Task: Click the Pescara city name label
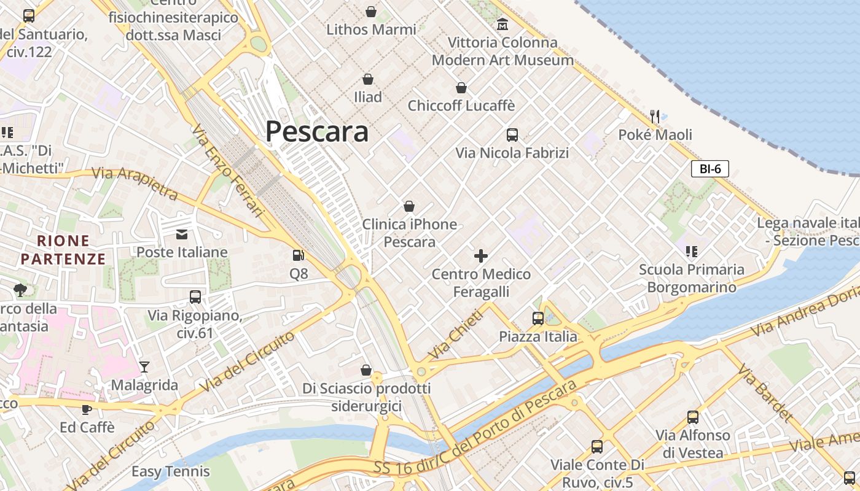point(317,131)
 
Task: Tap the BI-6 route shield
point(709,169)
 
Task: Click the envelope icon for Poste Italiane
point(182,234)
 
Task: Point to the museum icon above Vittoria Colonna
point(502,25)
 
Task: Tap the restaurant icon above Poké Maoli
point(655,116)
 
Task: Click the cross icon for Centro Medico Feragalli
point(481,255)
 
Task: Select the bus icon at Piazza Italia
point(538,318)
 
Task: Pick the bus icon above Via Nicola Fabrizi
point(512,134)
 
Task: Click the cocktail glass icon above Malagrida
point(144,367)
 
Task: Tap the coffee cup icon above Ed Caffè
point(87,409)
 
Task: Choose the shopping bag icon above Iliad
point(368,79)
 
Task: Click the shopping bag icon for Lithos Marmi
point(371,11)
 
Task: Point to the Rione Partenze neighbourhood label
point(63,249)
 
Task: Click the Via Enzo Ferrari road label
point(227,172)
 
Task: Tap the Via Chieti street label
point(456,334)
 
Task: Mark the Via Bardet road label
point(765,393)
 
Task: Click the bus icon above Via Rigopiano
point(195,297)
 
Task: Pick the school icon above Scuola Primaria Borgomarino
point(692,251)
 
